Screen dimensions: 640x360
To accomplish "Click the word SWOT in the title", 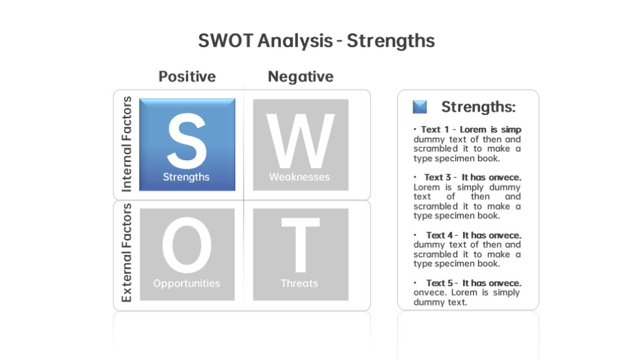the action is [x=225, y=41].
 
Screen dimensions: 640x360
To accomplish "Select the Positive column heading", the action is [x=187, y=76].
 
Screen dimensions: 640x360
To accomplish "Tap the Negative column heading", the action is [x=300, y=76].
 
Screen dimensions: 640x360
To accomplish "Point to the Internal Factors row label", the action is [x=127, y=144].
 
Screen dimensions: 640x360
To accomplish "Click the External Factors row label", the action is [x=127, y=253].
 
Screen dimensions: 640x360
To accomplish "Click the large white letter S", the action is [x=187, y=140].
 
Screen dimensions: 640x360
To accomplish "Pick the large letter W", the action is [x=300, y=140].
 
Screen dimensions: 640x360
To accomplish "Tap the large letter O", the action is [x=187, y=245].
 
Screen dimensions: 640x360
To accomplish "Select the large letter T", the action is [x=300, y=245].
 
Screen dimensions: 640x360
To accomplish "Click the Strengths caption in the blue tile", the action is [x=186, y=177].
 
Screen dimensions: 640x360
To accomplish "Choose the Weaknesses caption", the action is [x=299, y=177].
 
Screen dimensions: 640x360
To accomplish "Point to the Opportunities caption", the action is [x=187, y=284].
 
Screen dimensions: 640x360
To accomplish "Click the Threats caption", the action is [x=299, y=284].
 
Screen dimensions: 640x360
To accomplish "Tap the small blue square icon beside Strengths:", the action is [x=420, y=107].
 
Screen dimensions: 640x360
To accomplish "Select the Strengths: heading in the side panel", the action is [x=478, y=107].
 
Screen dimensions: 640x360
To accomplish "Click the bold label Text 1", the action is [x=435, y=130].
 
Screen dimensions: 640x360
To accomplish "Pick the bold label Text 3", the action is [x=437, y=178].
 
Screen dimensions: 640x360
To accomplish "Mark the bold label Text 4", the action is [x=440, y=235].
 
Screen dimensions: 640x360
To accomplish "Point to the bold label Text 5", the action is [x=440, y=284].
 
